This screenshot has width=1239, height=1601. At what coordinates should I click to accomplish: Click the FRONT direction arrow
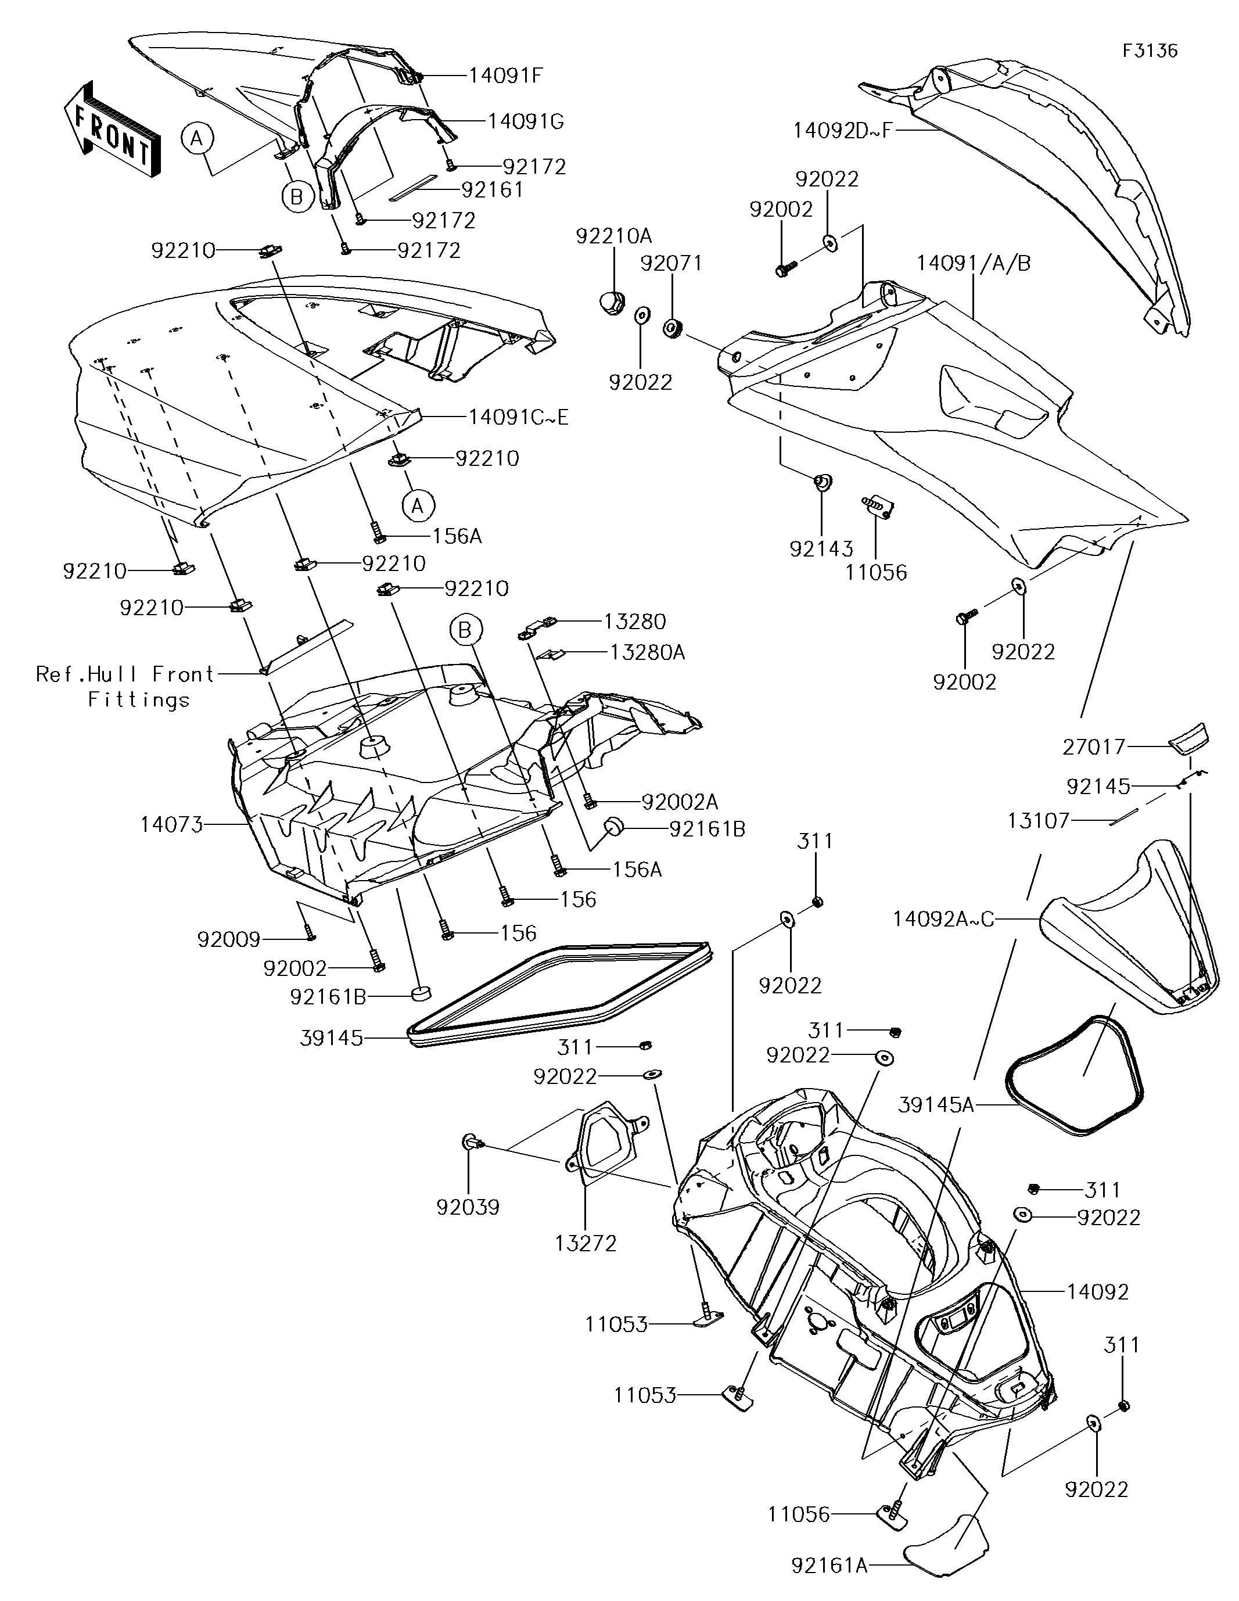pos(112,130)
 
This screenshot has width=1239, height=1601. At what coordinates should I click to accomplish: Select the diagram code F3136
pos(1150,51)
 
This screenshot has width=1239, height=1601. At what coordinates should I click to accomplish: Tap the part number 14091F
pos(505,76)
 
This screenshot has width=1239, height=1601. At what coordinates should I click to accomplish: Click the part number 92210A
pos(613,236)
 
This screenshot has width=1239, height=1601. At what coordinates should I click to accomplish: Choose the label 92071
pos(671,263)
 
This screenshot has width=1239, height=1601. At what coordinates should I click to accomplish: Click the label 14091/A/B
pos(974,263)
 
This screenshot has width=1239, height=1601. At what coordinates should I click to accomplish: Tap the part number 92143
pos(821,548)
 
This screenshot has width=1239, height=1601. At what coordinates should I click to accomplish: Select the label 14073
pos(171,825)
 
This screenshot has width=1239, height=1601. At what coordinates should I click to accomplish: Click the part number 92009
pos(229,939)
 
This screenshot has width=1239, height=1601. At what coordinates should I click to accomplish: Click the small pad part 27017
pos(1188,737)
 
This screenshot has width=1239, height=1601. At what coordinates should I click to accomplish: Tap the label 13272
pos(586,1243)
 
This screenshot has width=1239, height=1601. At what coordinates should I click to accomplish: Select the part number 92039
pos(468,1207)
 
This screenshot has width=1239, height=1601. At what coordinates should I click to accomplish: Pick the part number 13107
pos(1038,820)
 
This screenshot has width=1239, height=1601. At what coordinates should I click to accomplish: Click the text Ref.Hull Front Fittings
pos(125,686)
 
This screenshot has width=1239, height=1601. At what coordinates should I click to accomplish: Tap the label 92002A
pos(680,801)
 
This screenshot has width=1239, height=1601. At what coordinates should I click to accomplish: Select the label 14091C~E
pos(518,417)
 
